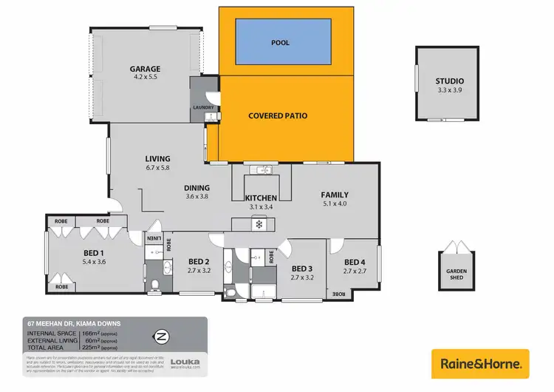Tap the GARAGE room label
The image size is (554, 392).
146,70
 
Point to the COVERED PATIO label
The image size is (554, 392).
278,115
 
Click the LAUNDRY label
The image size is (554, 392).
203,107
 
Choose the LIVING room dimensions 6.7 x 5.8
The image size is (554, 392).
157,168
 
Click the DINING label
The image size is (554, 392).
197,188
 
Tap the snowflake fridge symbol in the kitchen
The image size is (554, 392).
259,223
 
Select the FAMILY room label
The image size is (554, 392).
334,195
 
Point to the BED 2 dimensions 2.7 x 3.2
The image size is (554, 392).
200,271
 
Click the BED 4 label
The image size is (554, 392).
355,262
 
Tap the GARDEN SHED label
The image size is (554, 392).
456,274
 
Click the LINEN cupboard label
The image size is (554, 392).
154,238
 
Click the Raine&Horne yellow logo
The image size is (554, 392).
480,364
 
